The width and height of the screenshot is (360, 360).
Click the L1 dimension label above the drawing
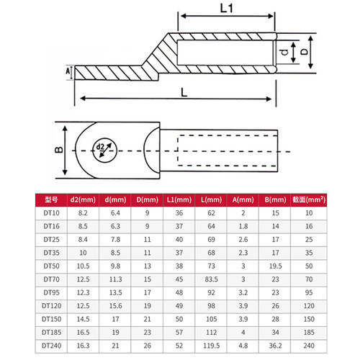tap(226, 9)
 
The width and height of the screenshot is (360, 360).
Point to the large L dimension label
tap(184, 92)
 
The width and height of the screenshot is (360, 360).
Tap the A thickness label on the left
tap(68, 71)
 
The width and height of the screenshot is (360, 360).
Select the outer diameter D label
tap(305, 52)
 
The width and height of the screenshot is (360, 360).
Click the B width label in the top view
tap(59, 150)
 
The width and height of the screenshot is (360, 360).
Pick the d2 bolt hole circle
tap(105, 150)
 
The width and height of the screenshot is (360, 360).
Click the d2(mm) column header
tap(83, 199)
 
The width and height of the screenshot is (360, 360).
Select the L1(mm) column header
tap(179, 199)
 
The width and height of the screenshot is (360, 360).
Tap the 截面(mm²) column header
tap(309, 199)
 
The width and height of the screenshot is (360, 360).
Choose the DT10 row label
tap(51, 213)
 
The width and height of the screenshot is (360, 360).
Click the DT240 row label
tap(51, 346)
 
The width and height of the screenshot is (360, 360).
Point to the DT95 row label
tap(51, 292)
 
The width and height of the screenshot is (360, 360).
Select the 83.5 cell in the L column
tap(211, 279)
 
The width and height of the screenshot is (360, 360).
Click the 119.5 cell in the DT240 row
tap(211, 346)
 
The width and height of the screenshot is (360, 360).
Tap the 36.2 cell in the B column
tap(275, 346)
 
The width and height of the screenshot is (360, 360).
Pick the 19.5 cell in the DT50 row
tap(275, 266)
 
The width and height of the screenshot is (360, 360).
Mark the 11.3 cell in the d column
tap(115, 279)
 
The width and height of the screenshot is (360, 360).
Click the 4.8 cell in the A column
tap(243, 346)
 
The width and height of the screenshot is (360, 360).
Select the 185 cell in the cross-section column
tap(309, 333)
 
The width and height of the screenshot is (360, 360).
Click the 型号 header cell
tap(51, 199)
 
